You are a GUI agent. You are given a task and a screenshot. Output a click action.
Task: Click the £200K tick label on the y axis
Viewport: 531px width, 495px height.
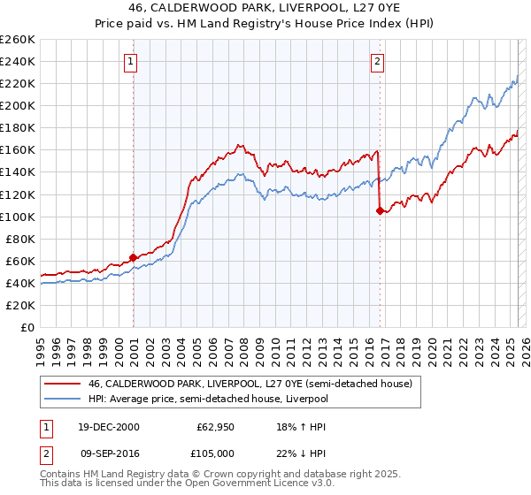click(18, 105)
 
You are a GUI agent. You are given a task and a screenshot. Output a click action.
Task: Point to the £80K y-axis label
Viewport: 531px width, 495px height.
click(20, 239)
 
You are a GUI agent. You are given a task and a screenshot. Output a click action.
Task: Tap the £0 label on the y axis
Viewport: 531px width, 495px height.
click(29, 327)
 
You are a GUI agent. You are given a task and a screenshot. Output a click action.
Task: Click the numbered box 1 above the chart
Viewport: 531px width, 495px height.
click(131, 61)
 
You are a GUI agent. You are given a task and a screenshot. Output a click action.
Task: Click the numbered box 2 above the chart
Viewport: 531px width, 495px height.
click(378, 61)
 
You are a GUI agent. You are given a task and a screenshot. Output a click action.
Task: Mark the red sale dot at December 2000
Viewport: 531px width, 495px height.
click(134, 257)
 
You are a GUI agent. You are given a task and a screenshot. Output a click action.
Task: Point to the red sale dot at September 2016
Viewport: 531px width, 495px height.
click(380, 210)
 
